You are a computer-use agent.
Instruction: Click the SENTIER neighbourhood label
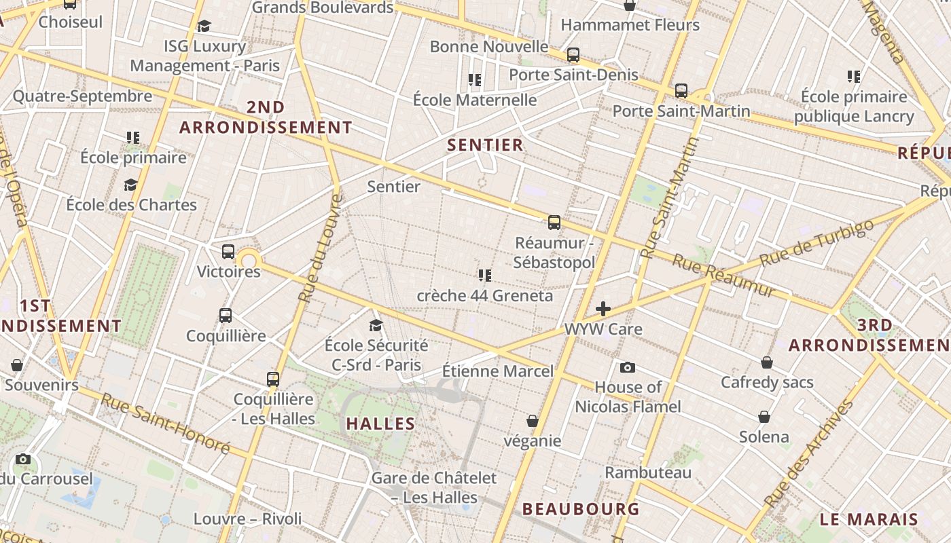(x=485, y=145)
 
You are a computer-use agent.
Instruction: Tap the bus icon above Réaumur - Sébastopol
(x=554, y=222)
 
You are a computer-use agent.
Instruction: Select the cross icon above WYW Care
(x=603, y=310)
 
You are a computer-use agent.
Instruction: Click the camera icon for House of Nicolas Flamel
(x=628, y=367)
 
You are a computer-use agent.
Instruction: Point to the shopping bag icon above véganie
(x=533, y=421)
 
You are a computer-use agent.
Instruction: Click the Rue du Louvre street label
(x=319, y=248)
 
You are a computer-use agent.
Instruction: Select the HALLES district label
(x=380, y=424)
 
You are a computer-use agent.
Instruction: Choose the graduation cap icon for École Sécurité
(x=376, y=325)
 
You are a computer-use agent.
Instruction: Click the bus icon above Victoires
(x=228, y=252)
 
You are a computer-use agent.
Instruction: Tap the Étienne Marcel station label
(x=498, y=371)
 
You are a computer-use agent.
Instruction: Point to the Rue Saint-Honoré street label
(x=166, y=423)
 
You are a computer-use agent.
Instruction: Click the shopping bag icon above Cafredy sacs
(x=767, y=362)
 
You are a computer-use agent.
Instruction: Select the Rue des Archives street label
(x=809, y=454)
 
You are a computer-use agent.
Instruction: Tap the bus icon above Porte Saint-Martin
(x=681, y=90)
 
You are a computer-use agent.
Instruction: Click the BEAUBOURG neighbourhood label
(x=581, y=508)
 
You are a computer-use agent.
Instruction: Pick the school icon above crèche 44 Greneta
(x=484, y=275)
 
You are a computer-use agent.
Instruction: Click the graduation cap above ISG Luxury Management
(x=204, y=26)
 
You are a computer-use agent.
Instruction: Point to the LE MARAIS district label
(x=869, y=520)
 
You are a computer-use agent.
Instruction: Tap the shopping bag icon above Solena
(x=764, y=416)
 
